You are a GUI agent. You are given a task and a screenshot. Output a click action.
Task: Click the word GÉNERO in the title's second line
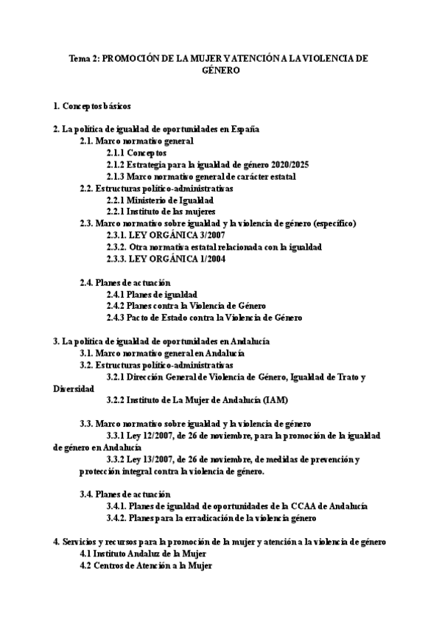click(221, 71)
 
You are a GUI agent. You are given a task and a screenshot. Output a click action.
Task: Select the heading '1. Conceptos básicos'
click(93, 105)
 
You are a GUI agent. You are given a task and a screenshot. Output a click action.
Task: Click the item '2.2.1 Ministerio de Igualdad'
click(160, 200)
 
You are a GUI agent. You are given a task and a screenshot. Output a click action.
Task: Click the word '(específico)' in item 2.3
click(334, 223)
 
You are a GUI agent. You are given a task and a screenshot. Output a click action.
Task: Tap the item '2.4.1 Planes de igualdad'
click(151, 294)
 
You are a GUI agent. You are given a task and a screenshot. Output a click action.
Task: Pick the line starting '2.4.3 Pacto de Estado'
click(204, 318)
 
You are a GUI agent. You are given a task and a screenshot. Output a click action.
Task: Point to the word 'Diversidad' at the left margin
click(74, 388)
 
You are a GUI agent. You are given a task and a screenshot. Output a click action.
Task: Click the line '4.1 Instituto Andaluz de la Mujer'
click(143, 554)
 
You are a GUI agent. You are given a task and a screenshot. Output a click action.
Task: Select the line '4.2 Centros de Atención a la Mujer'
click(146, 565)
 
